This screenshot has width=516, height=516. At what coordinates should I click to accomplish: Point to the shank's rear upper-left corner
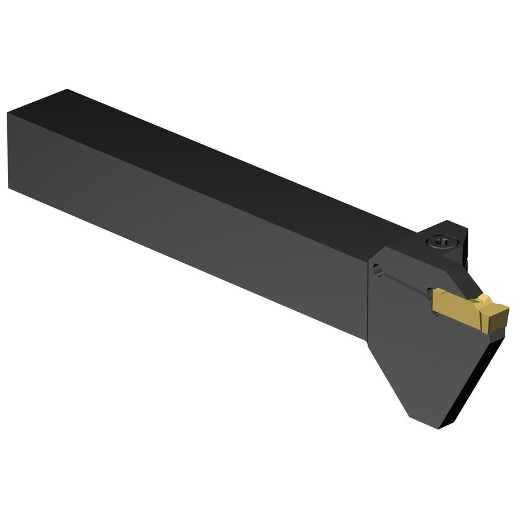8,113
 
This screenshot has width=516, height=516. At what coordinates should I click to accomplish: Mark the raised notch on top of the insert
486,299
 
